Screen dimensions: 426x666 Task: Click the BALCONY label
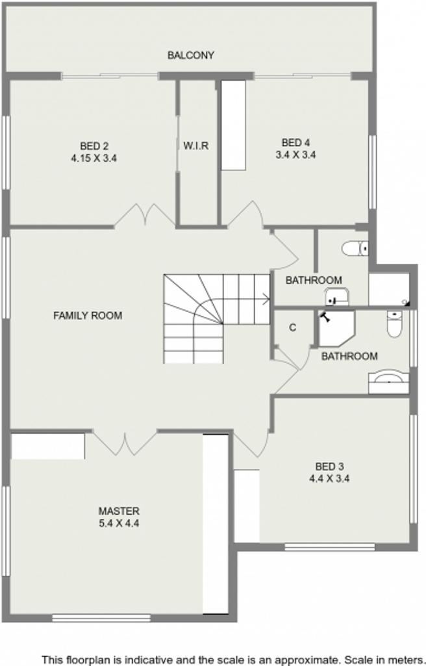point(190,55)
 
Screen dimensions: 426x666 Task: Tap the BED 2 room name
point(94,146)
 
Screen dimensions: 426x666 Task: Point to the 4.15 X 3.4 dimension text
point(94,159)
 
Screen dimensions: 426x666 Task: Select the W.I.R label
point(196,146)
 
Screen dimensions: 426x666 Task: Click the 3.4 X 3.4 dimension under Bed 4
point(295,155)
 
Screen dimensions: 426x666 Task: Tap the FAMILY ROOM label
point(88,316)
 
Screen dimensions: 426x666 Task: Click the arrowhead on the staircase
point(266,300)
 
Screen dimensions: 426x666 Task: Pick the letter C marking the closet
point(292,327)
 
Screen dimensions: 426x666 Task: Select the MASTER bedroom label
point(119,511)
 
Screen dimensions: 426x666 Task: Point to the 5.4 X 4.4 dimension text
point(119,523)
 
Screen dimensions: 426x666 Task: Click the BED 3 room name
point(329,467)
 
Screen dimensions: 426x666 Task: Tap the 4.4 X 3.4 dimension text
point(329,479)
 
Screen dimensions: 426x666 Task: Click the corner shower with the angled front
point(336,328)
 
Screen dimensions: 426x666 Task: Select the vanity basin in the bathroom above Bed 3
point(389,382)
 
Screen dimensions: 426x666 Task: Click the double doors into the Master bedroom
point(125,443)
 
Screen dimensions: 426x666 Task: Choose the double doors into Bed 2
point(145,215)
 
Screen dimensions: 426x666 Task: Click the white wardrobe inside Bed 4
point(233,125)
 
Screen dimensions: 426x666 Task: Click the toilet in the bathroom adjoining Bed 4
point(355,248)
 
